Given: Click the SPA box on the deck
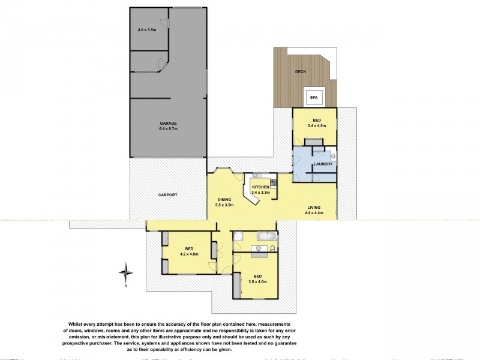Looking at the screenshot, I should pyautogui.click(x=313, y=97).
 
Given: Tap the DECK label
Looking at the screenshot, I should pyautogui.click(x=301, y=71).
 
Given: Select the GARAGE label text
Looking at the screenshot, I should pyautogui.click(x=167, y=123).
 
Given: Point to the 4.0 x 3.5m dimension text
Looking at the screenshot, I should pyautogui.click(x=147, y=29).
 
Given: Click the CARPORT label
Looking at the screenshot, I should pyautogui.click(x=167, y=195).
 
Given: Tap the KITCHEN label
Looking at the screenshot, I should pyautogui.click(x=260, y=188).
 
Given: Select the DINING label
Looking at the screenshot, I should pyautogui.click(x=224, y=200).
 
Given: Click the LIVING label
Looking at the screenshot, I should pyautogui.click(x=314, y=208).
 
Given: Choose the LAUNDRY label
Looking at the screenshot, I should pyautogui.click(x=323, y=163).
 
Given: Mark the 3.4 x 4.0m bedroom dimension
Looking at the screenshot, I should pyautogui.click(x=314, y=126).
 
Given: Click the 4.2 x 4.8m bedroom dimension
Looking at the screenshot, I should pyautogui.click(x=188, y=254).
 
